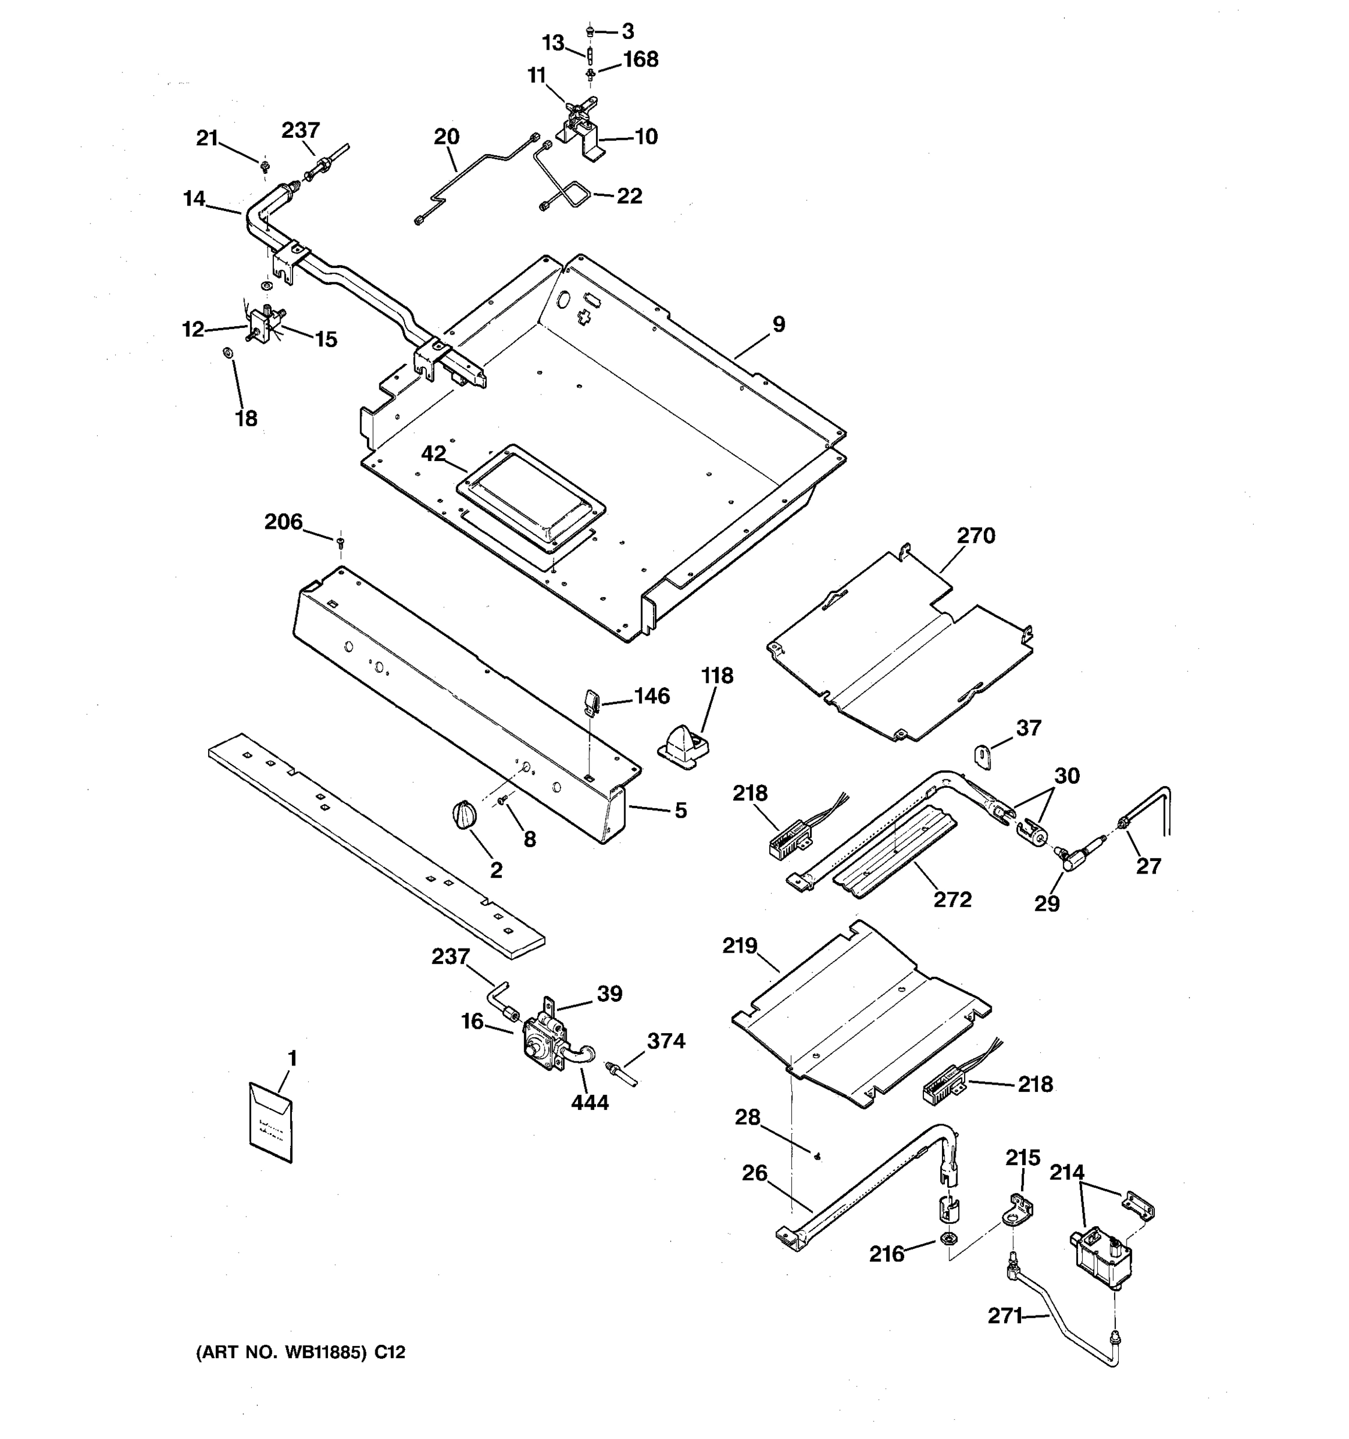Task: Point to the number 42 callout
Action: [x=433, y=454]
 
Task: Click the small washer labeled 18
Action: [x=227, y=353]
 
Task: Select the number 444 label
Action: [x=590, y=1103]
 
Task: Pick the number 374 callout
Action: [x=666, y=1041]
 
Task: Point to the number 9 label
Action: [x=779, y=324]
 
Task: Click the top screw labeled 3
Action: [x=590, y=31]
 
